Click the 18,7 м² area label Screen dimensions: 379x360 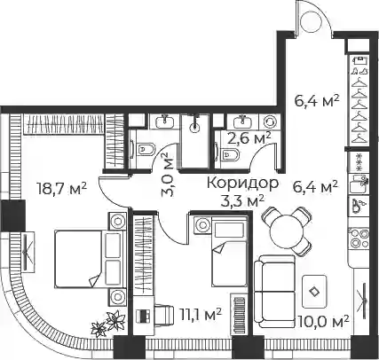[x=61, y=189]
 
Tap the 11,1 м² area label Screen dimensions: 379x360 [x=201, y=315]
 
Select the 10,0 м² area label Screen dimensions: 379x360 [x=323, y=322]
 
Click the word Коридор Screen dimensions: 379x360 [x=242, y=184]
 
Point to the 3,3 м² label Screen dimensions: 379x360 [x=242, y=201]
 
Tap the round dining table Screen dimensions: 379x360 [x=287, y=231]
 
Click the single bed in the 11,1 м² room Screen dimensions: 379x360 [x=229, y=251]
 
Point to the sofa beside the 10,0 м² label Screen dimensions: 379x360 [x=274, y=292]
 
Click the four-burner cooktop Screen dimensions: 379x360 [x=359, y=239]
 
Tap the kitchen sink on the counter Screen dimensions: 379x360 [x=359, y=184]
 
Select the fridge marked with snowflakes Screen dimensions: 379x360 [x=359, y=162]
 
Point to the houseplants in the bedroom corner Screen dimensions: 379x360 [x=108, y=324]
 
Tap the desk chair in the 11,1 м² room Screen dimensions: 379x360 [x=162, y=316]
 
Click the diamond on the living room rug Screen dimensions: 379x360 [x=314, y=292]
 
